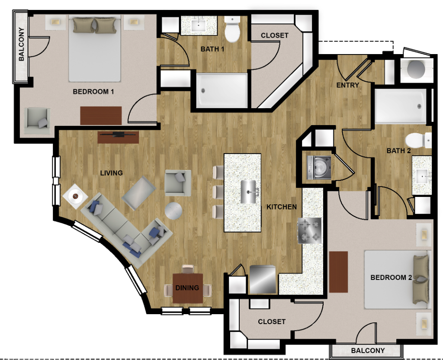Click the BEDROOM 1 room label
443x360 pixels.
(x=93, y=92)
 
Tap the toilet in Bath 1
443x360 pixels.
(x=232, y=29)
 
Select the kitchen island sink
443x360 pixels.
(x=249, y=192)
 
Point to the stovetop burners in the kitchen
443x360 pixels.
(x=310, y=231)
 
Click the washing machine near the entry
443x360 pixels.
(x=319, y=167)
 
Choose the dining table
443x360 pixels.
(x=188, y=288)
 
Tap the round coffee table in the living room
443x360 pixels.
(x=173, y=211)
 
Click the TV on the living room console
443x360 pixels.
(x=119, y=134)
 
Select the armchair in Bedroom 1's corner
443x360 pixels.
(x=37, y=121)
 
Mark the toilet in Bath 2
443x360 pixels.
(x=418, y=141)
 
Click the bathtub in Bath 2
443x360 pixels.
(x=400, y=106)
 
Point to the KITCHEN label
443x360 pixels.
(x=281, y=207)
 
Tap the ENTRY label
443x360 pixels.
(x=347, y=85)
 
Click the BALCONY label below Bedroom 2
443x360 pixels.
(x=368, y=350)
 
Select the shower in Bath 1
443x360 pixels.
(x=222, y=90)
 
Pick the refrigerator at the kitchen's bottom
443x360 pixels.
(x=263, y=280)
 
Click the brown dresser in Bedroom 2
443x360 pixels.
(x=338, y=272)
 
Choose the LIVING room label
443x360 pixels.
(x=111, y=173)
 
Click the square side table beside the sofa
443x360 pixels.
(x=75, y=196)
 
